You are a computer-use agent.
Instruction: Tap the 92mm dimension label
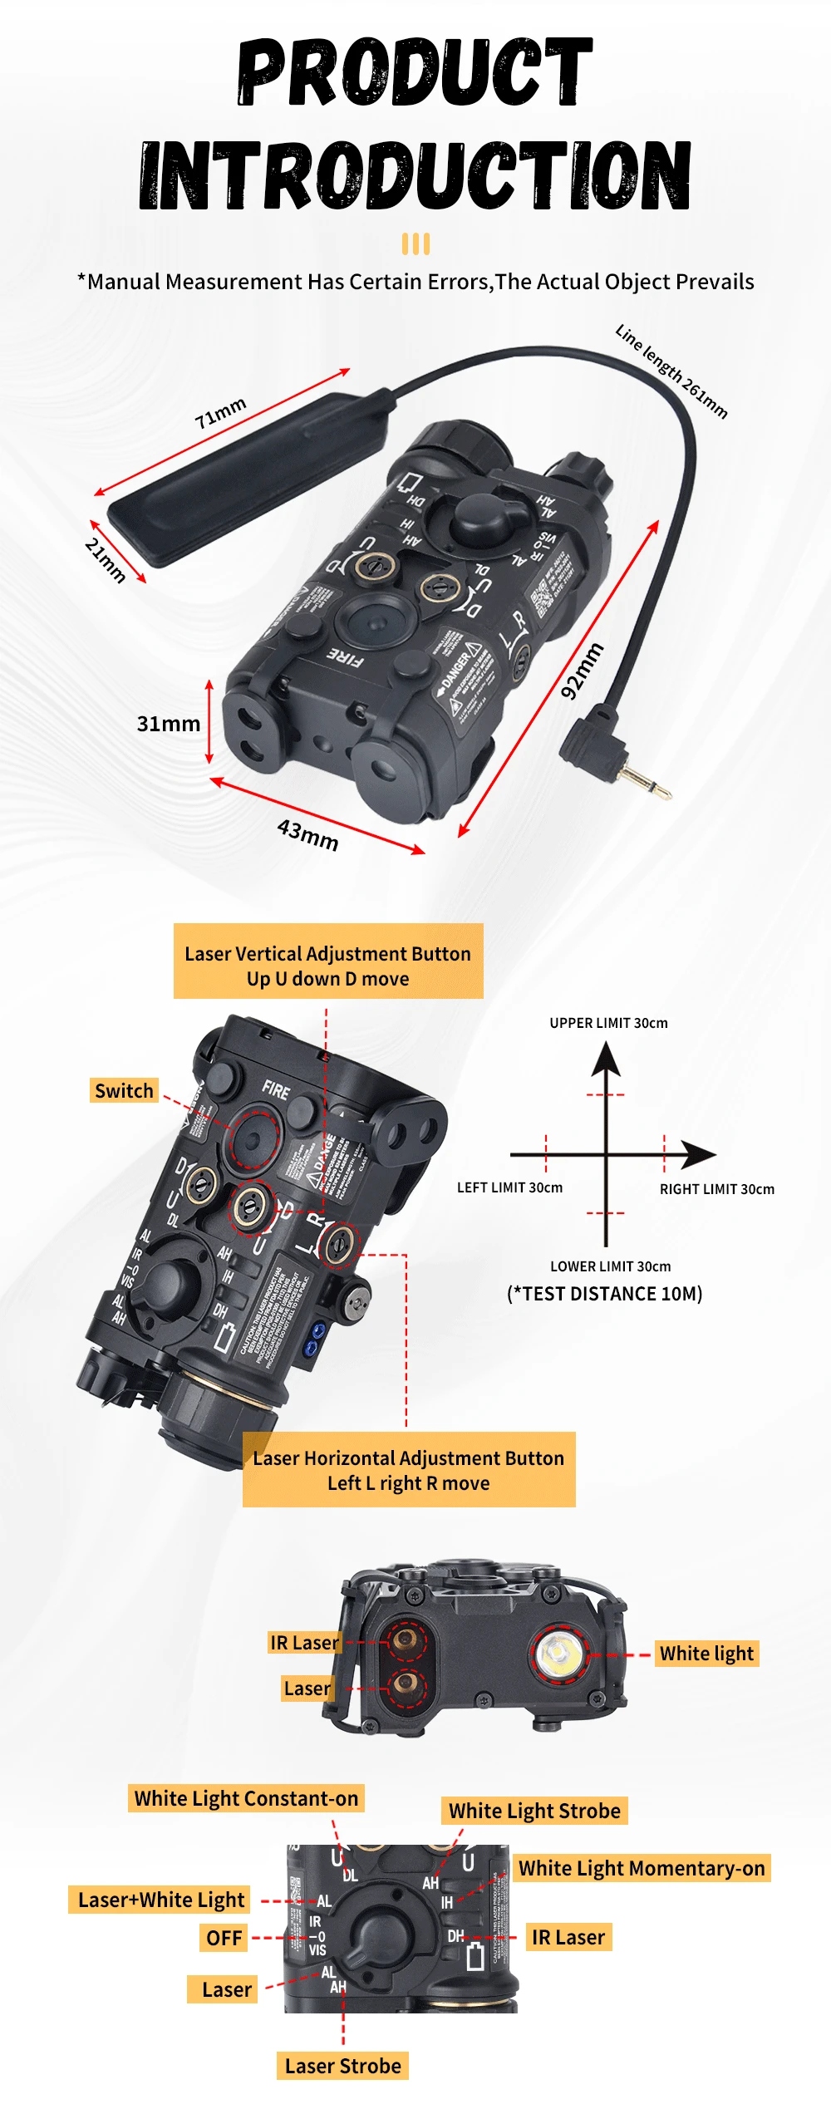[x=582, y=671]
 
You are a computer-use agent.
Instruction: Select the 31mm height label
[x=169, y=724]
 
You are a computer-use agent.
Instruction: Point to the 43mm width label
[x=308, y=834]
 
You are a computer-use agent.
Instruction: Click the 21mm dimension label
[x=106, y=559]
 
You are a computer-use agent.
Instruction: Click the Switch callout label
[x=124, y=1090]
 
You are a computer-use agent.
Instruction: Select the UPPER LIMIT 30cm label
[x=608, y=1023]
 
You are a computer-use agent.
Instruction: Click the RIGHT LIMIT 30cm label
[x=716, y=1189]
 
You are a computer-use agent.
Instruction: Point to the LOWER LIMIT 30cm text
[x=610, y=1266]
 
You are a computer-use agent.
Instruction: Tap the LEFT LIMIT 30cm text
[x=509, y=1187]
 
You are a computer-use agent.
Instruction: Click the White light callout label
[x=706, y=1654]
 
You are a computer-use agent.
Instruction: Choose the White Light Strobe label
[x=534, y=1811]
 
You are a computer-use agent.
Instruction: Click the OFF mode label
[x=224, y=1938]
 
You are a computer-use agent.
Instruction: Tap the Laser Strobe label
[x=342, y=2066]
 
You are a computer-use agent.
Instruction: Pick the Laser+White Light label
[x=161, y=1900]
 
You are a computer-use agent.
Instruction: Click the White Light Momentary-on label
[x=642, y=1868]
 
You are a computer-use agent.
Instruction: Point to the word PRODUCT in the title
[x=415, y=72]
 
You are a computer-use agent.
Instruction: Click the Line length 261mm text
[x=671, y=371]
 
